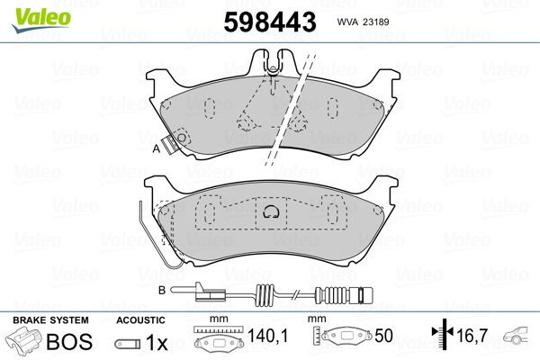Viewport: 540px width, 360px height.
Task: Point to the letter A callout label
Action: click(x=156, y=149)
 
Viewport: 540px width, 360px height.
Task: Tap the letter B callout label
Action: click(x=160, y=289)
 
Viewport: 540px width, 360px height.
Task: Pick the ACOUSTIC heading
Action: click(x=139, y=319)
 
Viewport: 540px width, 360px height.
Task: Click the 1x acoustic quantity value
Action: click(x=157, y=343)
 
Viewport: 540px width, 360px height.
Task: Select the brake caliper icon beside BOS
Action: click(x=25, y=343)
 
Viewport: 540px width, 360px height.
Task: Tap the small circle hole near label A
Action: click(x=180, y=139)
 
